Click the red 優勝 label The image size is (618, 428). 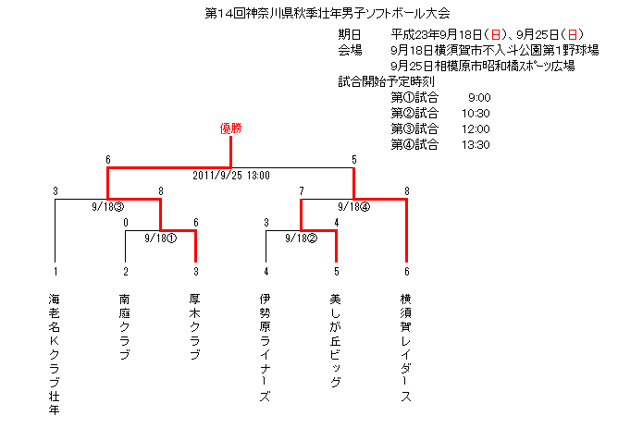231,128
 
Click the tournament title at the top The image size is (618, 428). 328,13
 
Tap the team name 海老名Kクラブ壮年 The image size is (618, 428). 55,354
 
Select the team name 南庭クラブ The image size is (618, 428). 125,327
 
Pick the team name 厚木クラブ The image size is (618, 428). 194,327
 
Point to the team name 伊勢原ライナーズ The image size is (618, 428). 265,348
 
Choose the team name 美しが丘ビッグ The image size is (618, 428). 335,340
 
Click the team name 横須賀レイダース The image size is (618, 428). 405,348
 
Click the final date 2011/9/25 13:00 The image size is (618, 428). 231,176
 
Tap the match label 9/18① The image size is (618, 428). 160,238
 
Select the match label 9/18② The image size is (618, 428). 301,238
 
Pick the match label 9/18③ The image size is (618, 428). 107,207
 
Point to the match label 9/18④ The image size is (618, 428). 354,207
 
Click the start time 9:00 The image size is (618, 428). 479,98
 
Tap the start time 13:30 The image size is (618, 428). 476,145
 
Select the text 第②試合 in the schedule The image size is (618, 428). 414,114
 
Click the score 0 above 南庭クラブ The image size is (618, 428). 126,223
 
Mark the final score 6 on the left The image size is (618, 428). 108,160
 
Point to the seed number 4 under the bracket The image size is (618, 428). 266,272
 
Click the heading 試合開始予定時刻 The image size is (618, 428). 387,82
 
